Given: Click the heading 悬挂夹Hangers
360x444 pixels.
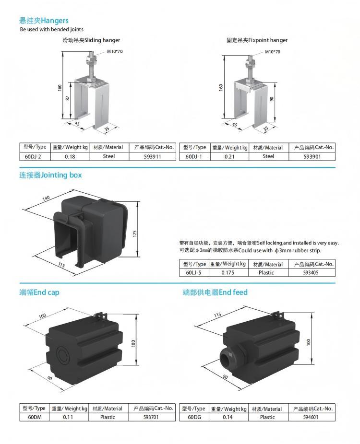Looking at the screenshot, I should [x=44, y=21].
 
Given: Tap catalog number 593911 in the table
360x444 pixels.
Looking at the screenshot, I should [x=153, y=156].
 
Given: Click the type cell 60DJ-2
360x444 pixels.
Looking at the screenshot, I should [x=34, y=156].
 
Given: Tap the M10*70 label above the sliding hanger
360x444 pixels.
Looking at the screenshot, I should [x=115, y=51].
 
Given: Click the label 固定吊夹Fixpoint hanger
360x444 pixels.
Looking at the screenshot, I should [x=257, y=40].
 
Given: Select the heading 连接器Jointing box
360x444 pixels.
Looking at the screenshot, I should [x=50, y=175].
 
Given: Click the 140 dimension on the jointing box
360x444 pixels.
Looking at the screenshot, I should [x=47, y=198].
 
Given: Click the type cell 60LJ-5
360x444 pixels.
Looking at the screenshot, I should [x=194, y=272].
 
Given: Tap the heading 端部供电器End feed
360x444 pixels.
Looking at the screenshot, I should [x=215, y=292].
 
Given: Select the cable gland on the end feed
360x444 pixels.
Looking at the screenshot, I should [x=227, y=357].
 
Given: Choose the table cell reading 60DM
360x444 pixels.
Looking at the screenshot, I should [x=33, y=417].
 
